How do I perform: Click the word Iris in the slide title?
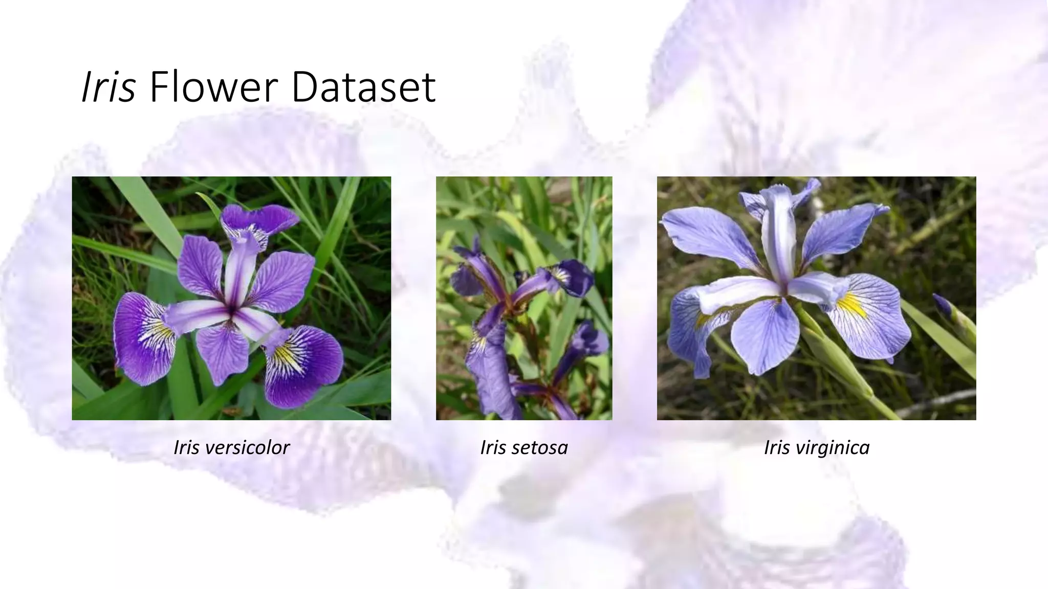(x=108, y=87)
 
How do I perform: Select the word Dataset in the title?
(x=363, y=87)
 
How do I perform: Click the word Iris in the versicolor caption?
(x=187, y=448)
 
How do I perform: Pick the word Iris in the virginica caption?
(x=777, y=448)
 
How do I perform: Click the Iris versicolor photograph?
(x=231, y=298)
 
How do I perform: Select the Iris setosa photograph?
(x=524, y=298)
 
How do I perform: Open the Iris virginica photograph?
(x=816, y=298)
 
